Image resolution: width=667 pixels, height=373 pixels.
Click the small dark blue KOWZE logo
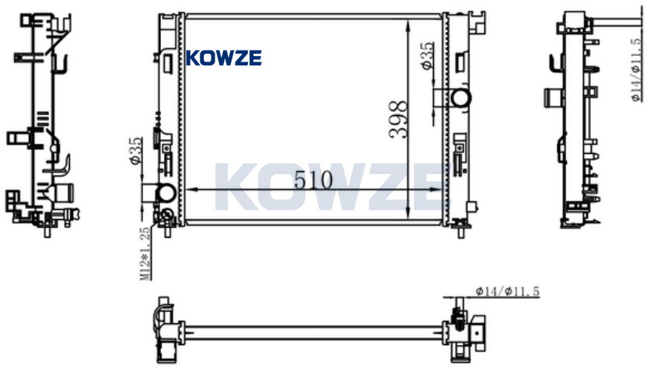coord(224,58)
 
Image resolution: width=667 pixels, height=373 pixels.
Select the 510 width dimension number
coord(313,180)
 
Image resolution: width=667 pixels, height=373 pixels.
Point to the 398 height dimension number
coord(398,119)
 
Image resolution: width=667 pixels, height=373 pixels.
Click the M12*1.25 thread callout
coord(145,254)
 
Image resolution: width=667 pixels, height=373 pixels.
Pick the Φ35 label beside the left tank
coord(135,151)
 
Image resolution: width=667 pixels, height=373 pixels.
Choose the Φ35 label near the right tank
coord(427,55)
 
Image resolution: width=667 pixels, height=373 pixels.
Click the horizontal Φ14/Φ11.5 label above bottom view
coord(508,291)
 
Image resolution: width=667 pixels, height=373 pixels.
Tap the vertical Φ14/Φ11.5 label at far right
coord(636,70)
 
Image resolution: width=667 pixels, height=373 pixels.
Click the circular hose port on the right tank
coord(461,98)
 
